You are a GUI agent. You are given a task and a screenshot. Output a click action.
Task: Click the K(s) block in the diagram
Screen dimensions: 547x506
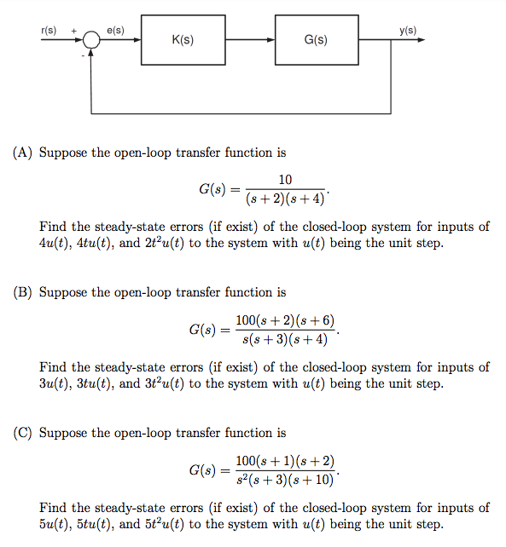click(x=183, y=39)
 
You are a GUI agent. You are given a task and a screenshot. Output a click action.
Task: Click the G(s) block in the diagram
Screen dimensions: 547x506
click(x=316, y=39)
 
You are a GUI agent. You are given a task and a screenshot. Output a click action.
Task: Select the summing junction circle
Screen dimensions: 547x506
click(x=91, y=40)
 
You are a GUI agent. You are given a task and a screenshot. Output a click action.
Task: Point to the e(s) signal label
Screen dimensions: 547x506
click(x=115, y=31)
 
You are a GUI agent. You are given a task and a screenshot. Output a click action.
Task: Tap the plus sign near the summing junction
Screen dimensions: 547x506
click(x=74, y=32)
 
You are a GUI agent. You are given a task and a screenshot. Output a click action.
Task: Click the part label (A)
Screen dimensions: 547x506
click(x=23, y=153)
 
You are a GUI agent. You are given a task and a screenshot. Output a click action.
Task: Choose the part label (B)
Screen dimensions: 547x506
click(x=23, y=292)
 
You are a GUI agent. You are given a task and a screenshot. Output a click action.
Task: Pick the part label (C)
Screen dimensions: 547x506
click(x=23, y=433)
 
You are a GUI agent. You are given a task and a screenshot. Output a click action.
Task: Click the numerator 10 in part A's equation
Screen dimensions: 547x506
click(x=285, y=179)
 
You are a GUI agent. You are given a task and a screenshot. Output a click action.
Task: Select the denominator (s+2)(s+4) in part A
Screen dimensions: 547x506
click(x=285, y=199)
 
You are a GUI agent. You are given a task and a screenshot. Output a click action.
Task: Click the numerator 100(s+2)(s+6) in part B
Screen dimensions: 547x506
click(x=285, y=320)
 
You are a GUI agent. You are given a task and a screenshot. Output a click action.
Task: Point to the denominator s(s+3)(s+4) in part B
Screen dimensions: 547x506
click(x=285, y=339)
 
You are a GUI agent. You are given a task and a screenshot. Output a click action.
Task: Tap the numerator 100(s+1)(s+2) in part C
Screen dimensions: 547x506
click(x=285, y=460)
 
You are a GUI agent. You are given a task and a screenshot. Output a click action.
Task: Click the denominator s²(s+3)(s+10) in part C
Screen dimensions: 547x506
click(x=285, y=480)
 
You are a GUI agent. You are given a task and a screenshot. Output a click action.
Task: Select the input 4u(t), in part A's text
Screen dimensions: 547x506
click(x=57, y=243)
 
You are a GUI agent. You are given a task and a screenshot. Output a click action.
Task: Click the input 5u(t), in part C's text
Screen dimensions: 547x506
click(x=57, y=523)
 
